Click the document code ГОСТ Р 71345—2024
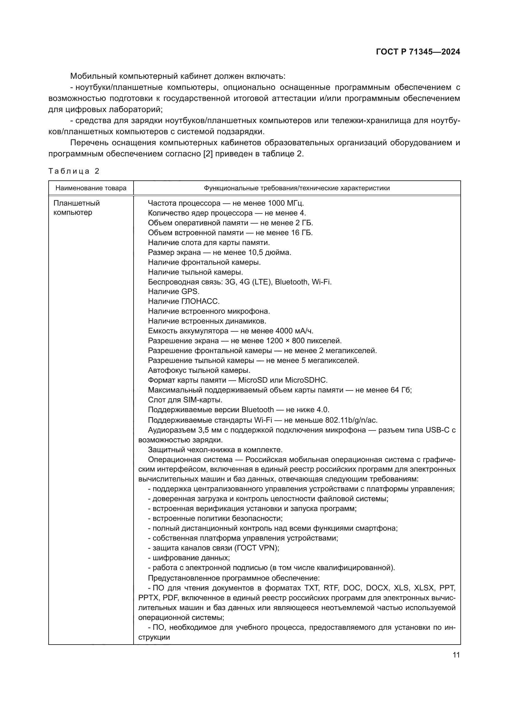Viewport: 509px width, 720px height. [x=418, y=52]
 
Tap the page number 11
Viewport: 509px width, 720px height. [x=456, y=655]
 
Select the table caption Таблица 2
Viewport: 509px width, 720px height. [x=74, y=171]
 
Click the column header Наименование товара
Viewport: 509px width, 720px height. [x=91, y=188]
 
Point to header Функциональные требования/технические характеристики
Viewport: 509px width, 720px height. [x=297, y=188]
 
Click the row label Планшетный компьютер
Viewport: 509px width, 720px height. [x=77, y=207]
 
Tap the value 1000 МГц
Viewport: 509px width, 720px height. [x=285, y=203]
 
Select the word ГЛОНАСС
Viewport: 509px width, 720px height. [x=200, y=301]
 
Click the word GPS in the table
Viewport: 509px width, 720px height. [x=190, y=292]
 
